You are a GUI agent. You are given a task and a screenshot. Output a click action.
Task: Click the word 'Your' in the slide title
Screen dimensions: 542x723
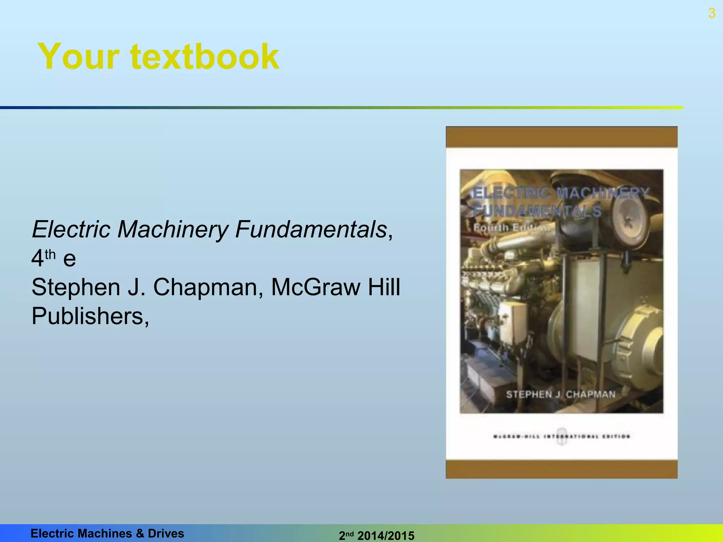[x=79, y=56]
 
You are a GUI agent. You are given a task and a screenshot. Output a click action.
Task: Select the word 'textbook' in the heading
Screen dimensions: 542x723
[x=205, y=56]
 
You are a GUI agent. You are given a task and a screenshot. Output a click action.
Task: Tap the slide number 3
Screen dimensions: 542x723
[x=712, y=13]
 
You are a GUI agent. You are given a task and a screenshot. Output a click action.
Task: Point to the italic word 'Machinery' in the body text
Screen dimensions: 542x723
[x=173, y=229]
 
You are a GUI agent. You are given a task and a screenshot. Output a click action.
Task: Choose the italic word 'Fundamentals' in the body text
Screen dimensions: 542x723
[x=311, y=229]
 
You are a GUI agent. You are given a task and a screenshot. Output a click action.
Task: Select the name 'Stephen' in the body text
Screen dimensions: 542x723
[x=76, y=287]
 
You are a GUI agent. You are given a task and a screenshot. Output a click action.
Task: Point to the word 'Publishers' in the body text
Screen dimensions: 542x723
[x=88, y=316]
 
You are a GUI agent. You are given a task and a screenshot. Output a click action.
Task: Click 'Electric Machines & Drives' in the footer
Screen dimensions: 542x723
[x=107, y=533]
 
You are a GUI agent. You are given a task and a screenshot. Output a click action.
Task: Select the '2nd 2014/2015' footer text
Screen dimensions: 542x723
[x=376, y=535]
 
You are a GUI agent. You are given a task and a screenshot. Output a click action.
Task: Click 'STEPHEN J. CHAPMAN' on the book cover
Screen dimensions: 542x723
[x=561, y=394]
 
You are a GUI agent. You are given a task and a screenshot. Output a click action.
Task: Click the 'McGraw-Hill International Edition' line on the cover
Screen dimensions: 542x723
[x=561, y=436]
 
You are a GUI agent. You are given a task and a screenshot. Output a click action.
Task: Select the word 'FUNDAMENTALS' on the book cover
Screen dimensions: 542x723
[x=537, y=211]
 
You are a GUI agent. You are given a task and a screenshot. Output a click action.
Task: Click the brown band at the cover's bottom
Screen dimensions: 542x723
[x=561, y=469]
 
